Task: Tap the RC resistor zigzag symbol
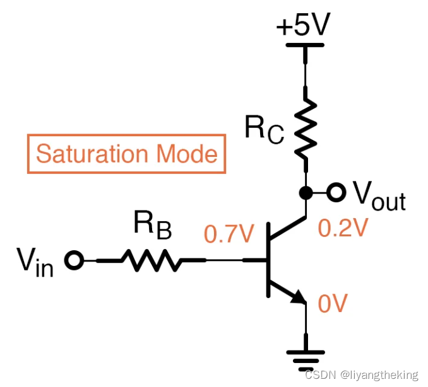pyautogui.click(x=306, y=129)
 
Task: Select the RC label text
pyautogui.click(x=265, y=130)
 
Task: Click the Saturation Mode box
pyautogui.click(x=126, y=154)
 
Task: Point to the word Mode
pyautogui.click(x=187, y=154)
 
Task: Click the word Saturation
pyautogui.click(x=93, y=154)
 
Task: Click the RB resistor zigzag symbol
pyautogui.click(x=152, y=260)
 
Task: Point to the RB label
pyautogui.click(x=152, y=226)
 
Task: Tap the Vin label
pyautogui.click(x=35, y=260)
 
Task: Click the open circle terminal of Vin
pyautogui.click(x=75, y=260)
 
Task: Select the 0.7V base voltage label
pyautogui.click(x=228, y=234)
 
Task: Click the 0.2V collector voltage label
pyautogui.click(x=343, y=228)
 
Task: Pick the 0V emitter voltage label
pyautogui.click(x=333, y=304)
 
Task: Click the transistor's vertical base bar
pyautogui.click(x=268, y=260)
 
